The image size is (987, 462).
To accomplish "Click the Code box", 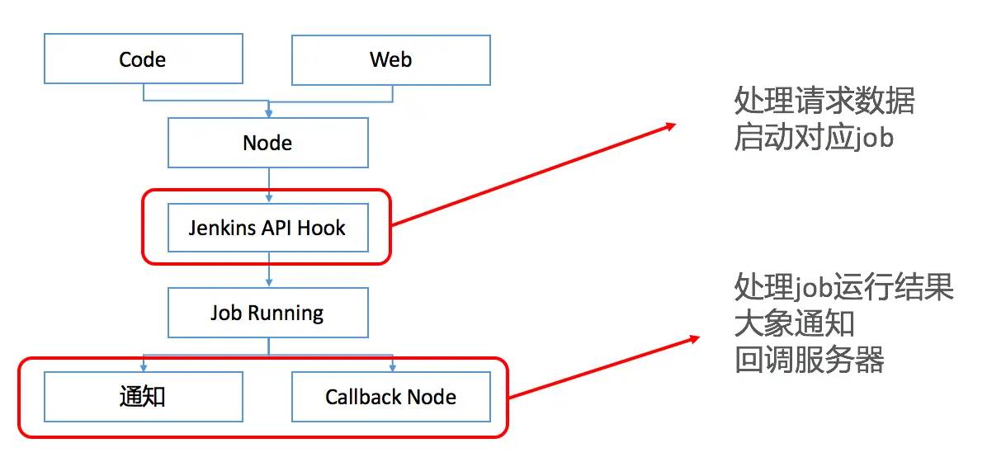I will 143,59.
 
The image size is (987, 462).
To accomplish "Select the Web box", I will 391,59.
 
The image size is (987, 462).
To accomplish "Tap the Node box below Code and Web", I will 267,143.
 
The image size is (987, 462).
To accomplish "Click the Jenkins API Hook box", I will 267,228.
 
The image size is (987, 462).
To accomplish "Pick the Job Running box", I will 267,313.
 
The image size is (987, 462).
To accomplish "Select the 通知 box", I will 143,397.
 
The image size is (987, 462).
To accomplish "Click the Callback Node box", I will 391,397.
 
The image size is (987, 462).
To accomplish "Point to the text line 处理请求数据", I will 824,101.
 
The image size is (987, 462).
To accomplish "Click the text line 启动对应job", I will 813,137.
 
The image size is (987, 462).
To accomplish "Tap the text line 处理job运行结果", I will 843,287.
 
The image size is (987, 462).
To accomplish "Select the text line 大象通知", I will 794,323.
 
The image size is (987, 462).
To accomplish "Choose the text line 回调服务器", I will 809,360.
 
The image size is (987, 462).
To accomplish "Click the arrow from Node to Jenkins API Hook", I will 268,185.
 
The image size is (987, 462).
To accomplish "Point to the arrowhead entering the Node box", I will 268,113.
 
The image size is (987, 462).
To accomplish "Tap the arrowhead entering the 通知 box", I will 144,367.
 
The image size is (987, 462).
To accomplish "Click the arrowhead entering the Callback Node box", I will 392,367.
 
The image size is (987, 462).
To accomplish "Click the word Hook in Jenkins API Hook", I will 321,228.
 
